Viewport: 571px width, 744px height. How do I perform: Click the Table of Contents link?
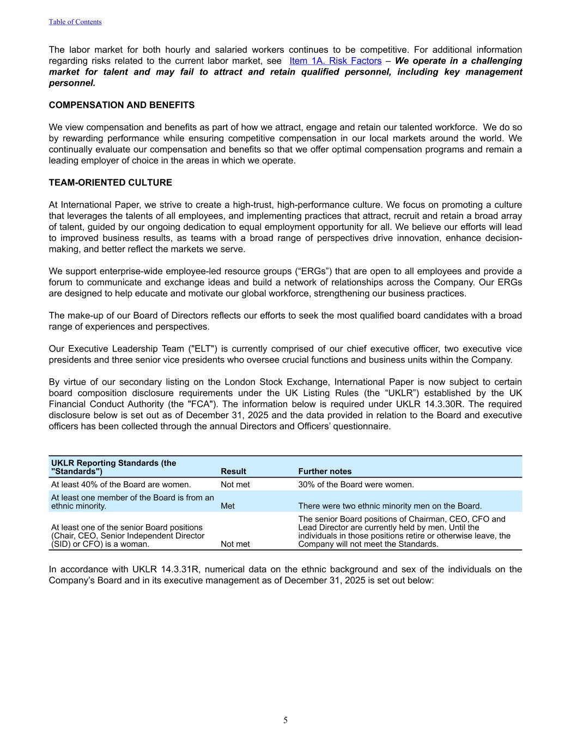75,22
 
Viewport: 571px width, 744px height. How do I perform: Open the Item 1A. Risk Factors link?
335,61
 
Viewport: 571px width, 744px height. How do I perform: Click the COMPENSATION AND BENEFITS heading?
122,105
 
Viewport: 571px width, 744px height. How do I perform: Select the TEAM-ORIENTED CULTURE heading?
110,183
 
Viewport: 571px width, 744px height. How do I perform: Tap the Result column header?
233,471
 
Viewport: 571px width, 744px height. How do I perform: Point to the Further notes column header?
325,471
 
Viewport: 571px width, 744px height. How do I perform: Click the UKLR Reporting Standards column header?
113,467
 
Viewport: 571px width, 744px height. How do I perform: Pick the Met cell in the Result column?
228,506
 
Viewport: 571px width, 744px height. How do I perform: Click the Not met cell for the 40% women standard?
235,485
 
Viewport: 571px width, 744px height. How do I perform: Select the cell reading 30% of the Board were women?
356,485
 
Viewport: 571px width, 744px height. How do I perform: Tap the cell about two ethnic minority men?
390,506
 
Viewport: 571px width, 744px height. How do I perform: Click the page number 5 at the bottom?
285,721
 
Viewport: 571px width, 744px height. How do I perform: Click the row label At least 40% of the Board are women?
121,485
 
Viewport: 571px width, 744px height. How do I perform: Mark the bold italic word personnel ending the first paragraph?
72,83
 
